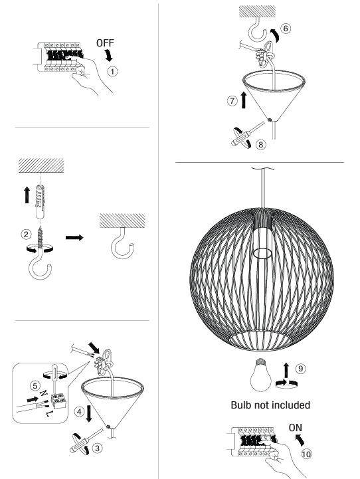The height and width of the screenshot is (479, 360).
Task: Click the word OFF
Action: tap(105, 43)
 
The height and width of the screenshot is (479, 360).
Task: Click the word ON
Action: tap(296, 428)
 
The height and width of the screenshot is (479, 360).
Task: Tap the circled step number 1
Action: tap(112, 72)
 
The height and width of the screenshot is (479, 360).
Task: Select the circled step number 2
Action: tap(27, 235)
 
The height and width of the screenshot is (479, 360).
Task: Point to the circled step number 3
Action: tap(98, 448)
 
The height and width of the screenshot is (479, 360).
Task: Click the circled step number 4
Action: tap(80, 412)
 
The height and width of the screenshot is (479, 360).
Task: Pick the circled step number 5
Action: tap(35, 385)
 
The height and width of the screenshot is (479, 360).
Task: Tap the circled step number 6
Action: tap(286, 29)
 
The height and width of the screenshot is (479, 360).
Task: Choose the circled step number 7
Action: tap(232, 100)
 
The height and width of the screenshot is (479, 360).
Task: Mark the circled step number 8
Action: tap(260, 144)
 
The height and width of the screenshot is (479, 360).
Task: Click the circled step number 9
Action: tap(301, 369)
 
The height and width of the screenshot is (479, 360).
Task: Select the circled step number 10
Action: tap(306, 454)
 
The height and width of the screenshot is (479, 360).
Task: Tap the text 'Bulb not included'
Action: tap(270, 405)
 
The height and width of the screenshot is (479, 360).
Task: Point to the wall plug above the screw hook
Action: tap(41, 201)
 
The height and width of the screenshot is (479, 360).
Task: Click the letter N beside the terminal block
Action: tap(44, 393)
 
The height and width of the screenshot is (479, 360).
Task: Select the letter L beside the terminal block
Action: tap(49, 414)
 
